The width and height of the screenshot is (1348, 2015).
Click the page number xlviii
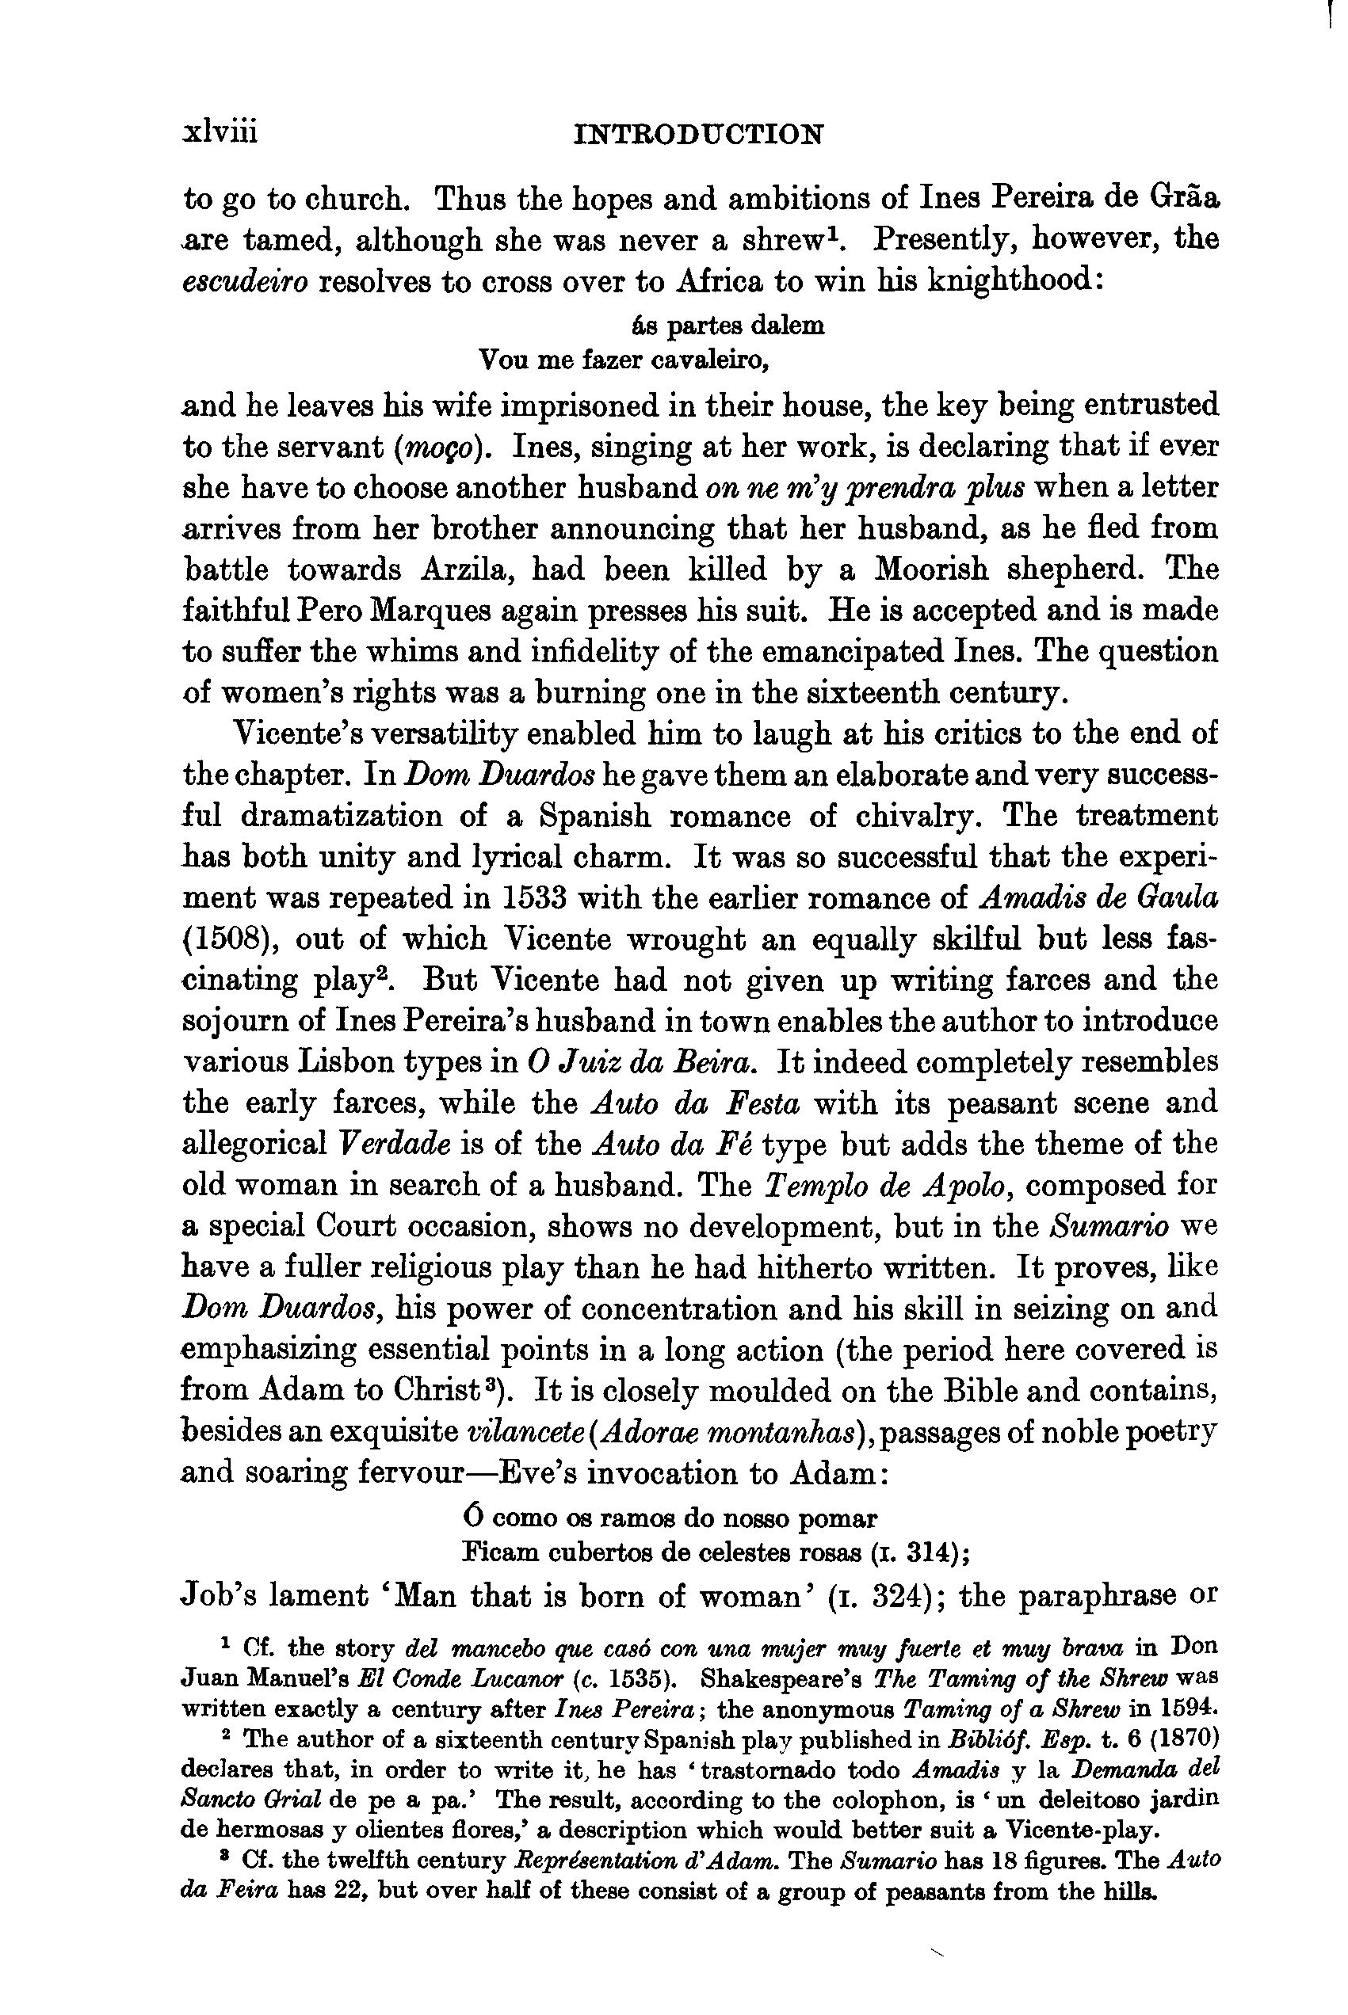220,133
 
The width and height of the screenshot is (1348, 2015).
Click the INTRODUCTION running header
698,135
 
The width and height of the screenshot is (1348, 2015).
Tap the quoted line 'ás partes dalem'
727,326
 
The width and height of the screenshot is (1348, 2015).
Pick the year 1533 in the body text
527,898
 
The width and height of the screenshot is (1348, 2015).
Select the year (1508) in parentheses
229,939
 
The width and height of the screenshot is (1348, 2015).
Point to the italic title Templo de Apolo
888,1186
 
